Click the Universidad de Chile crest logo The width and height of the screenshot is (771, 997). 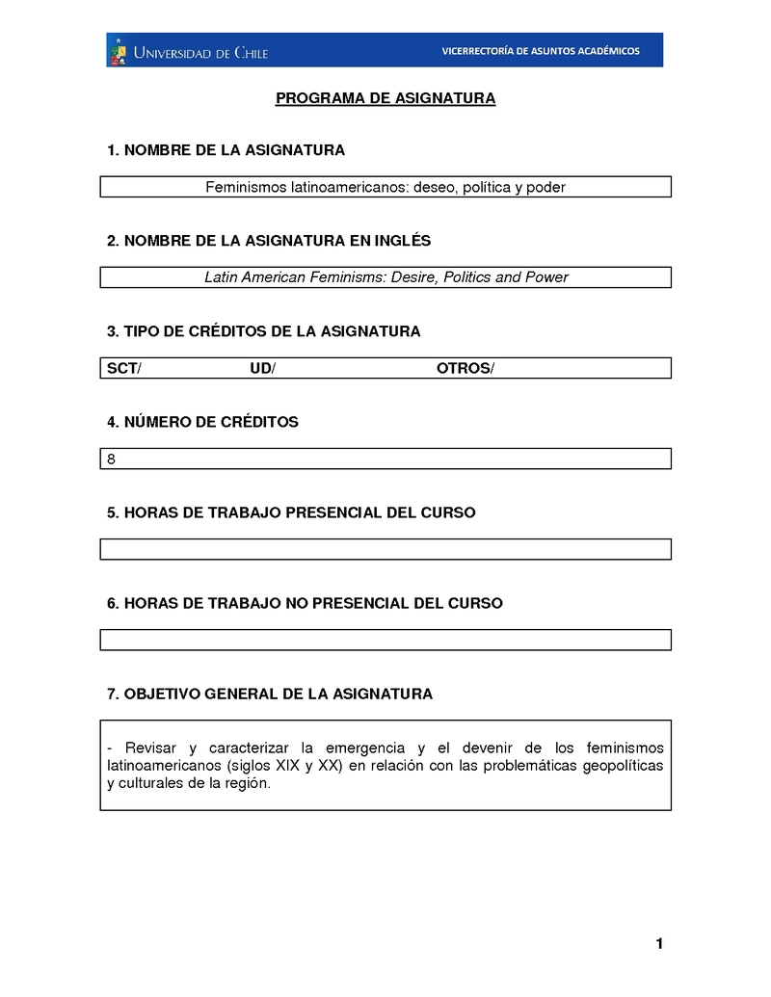(118, 51)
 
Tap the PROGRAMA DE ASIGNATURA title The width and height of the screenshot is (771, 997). (385, 98)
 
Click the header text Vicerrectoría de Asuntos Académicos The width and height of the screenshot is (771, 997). (540, 51)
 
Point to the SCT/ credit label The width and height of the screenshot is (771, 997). (123, 368)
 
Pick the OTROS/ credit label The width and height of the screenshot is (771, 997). (465, 368)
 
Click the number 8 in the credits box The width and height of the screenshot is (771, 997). (112, 459)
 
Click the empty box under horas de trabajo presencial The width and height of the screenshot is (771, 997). (385, 549)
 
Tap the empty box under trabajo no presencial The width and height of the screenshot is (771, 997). (385, 640)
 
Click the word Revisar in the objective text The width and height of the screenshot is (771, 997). (150, 748)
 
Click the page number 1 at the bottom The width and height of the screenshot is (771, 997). (659, 944)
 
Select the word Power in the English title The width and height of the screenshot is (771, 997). (546, 277)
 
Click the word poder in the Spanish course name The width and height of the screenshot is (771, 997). (545, 187)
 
